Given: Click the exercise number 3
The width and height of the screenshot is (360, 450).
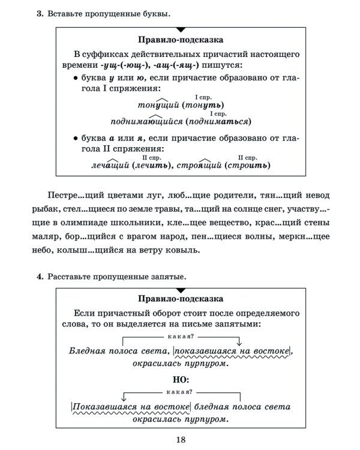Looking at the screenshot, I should [39, 13].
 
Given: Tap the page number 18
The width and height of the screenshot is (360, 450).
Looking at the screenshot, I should [180, 440].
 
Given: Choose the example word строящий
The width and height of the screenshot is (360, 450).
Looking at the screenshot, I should [196, 165].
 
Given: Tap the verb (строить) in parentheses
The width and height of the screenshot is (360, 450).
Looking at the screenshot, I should [247, 165].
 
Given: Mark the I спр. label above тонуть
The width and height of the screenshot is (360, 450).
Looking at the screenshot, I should [203, 96].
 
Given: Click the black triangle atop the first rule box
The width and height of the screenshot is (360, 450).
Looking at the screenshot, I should [180, 28].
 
